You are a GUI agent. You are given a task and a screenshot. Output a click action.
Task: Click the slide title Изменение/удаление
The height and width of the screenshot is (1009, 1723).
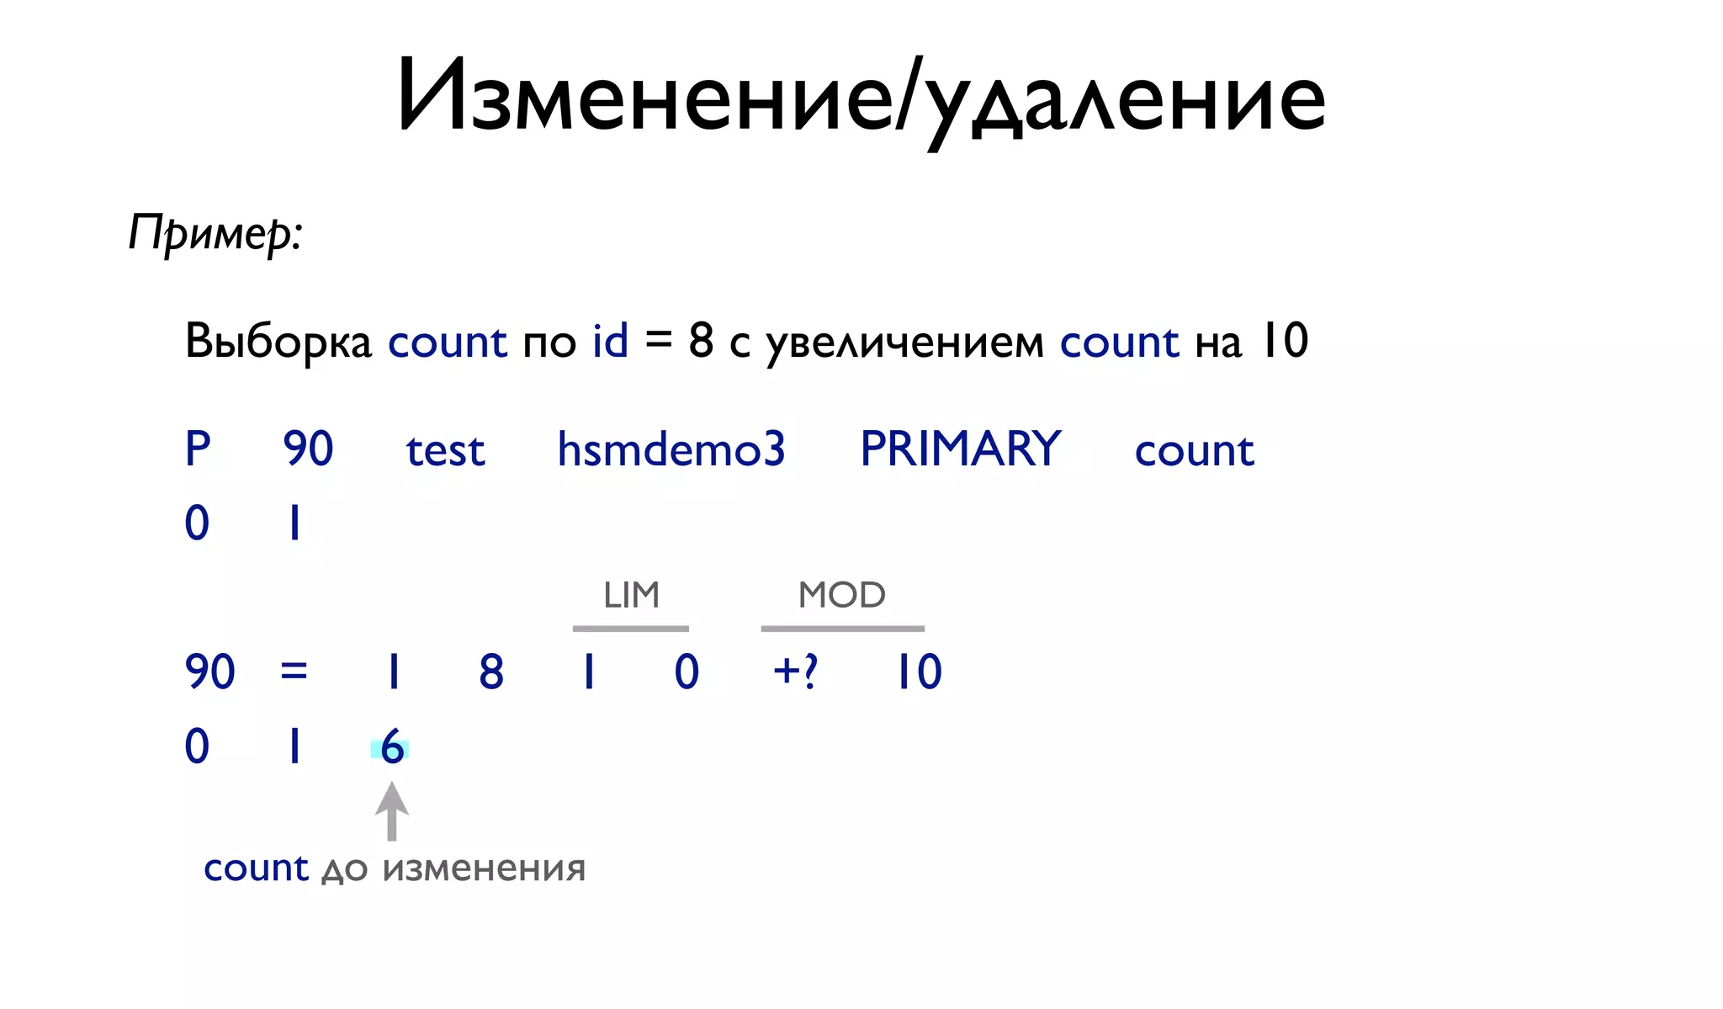coord(861,97)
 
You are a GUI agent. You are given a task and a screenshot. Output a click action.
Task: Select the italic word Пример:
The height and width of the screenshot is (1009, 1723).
coord(215,232)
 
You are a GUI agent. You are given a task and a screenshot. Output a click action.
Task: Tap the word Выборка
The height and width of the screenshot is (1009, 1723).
coord(278,341)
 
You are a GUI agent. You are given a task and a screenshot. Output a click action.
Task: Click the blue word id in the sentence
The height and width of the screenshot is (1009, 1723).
coord(610,341)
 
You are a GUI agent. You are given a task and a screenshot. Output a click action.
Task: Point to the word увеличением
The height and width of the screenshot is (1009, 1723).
coord(905,343)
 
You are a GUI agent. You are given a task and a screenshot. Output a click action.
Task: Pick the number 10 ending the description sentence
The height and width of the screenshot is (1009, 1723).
coord(1284,341)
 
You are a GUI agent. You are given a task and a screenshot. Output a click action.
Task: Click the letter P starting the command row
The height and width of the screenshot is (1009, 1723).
coord(198,449)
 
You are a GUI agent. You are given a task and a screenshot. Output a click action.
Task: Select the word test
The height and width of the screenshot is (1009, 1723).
coord(445,450)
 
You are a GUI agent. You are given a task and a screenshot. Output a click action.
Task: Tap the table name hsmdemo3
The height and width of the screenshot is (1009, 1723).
coord(671,449)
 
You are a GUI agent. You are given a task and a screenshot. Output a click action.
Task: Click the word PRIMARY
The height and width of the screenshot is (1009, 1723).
coord(960,449)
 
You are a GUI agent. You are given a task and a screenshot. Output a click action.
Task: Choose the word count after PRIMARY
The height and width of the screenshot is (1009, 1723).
coord(1194,450)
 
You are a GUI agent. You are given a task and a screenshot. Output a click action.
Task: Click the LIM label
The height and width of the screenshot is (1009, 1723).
coord(631,595)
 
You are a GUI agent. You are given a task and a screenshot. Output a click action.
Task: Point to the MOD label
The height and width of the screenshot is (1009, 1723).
coord(841,595)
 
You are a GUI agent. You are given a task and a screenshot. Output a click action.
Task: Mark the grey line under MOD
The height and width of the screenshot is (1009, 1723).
coord(842,629)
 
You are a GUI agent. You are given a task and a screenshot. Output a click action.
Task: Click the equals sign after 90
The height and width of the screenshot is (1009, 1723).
coord(294,672)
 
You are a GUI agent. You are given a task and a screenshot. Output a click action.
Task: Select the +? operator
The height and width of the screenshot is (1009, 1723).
coord(795,672)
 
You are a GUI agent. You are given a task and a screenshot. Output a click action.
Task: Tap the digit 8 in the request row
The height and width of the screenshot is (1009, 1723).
coord(491,672)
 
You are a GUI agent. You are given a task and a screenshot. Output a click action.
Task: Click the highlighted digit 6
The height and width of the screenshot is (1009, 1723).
coord(391,747)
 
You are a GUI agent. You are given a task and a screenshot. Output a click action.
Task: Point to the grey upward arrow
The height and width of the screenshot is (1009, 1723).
coord(392,811)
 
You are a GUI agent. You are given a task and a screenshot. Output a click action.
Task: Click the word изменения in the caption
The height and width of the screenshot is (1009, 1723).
coord(484,868)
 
